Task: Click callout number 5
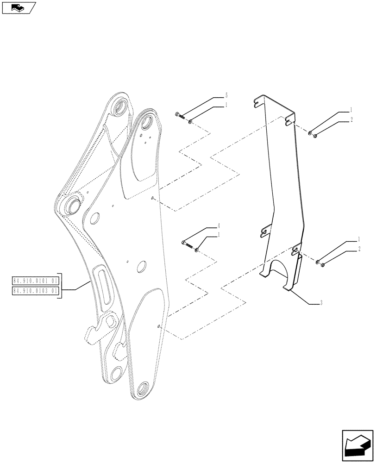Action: point(226,95)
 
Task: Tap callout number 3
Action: point(320,303)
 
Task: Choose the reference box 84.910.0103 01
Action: point(36,291)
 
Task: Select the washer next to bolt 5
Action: point(190,121)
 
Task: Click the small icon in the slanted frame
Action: point(18,7)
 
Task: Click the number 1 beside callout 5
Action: point(226,105)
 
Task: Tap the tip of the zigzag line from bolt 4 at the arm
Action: point(159,326)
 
